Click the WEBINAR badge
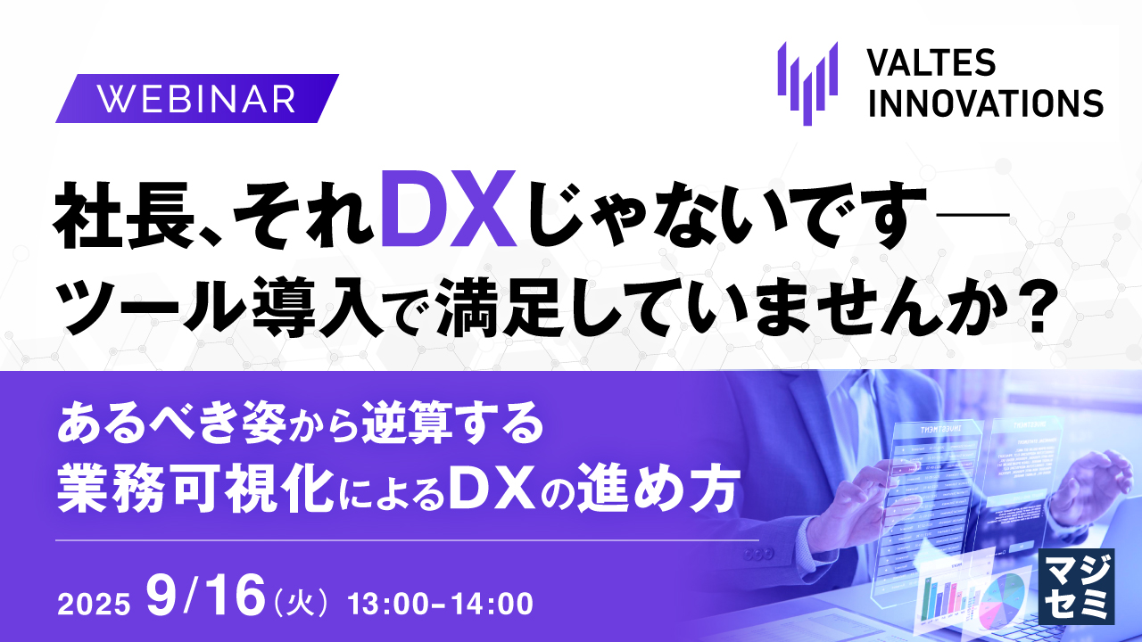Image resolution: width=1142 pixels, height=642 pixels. (197, 98)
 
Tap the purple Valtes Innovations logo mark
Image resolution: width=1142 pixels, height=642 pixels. (807, 81)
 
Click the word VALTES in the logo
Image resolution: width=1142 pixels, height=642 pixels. (932, 63)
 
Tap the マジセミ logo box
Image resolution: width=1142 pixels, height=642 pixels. (1078, 585)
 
